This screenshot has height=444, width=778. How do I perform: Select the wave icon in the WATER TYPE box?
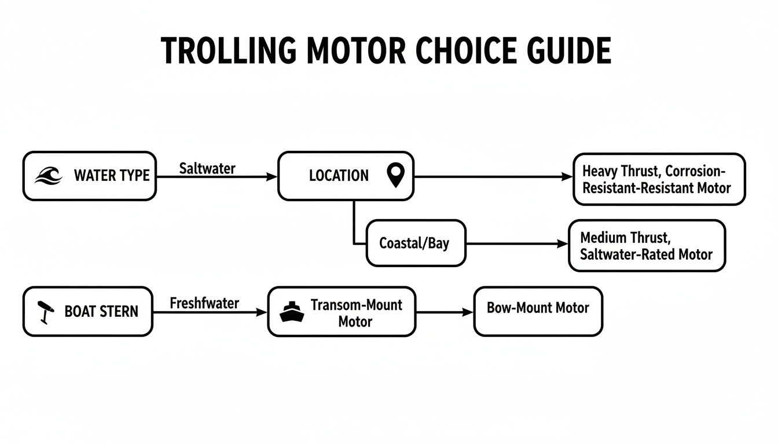pyautogui.click(x=48, y=176)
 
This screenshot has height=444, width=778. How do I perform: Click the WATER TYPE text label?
pyautogui.click(x=112, y=176)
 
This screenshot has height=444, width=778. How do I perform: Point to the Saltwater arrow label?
pyautogui.click(x=207, y=168)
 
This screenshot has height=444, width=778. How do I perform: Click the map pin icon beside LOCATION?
pyautogui.click(x=395, y=176)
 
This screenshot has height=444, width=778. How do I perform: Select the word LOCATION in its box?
pyautogui.click(x=339, y=176)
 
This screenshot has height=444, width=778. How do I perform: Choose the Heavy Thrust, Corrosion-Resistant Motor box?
pyautogui.click(x=659, y=179)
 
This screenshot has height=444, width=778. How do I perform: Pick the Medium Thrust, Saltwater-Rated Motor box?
pyautogui.click(x=647, y=246)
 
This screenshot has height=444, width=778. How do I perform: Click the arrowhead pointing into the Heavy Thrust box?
pyautogui.click(x=567, y=177)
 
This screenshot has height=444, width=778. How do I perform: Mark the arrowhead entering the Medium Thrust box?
pyautogui.click(x=563, y=245)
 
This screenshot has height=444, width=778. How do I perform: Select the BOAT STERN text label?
pyautogui.click(x=101, y=312)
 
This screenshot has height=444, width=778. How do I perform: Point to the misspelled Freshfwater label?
pyautogui.click(x=204, y=302)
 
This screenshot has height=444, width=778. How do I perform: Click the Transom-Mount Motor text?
pyautogui.click(x=356, y=312)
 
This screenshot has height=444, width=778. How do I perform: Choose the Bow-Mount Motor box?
pyautogui.click(x=538, y=311)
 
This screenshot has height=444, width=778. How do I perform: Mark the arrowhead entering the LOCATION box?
pyautogui.click(x=272, y=177)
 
